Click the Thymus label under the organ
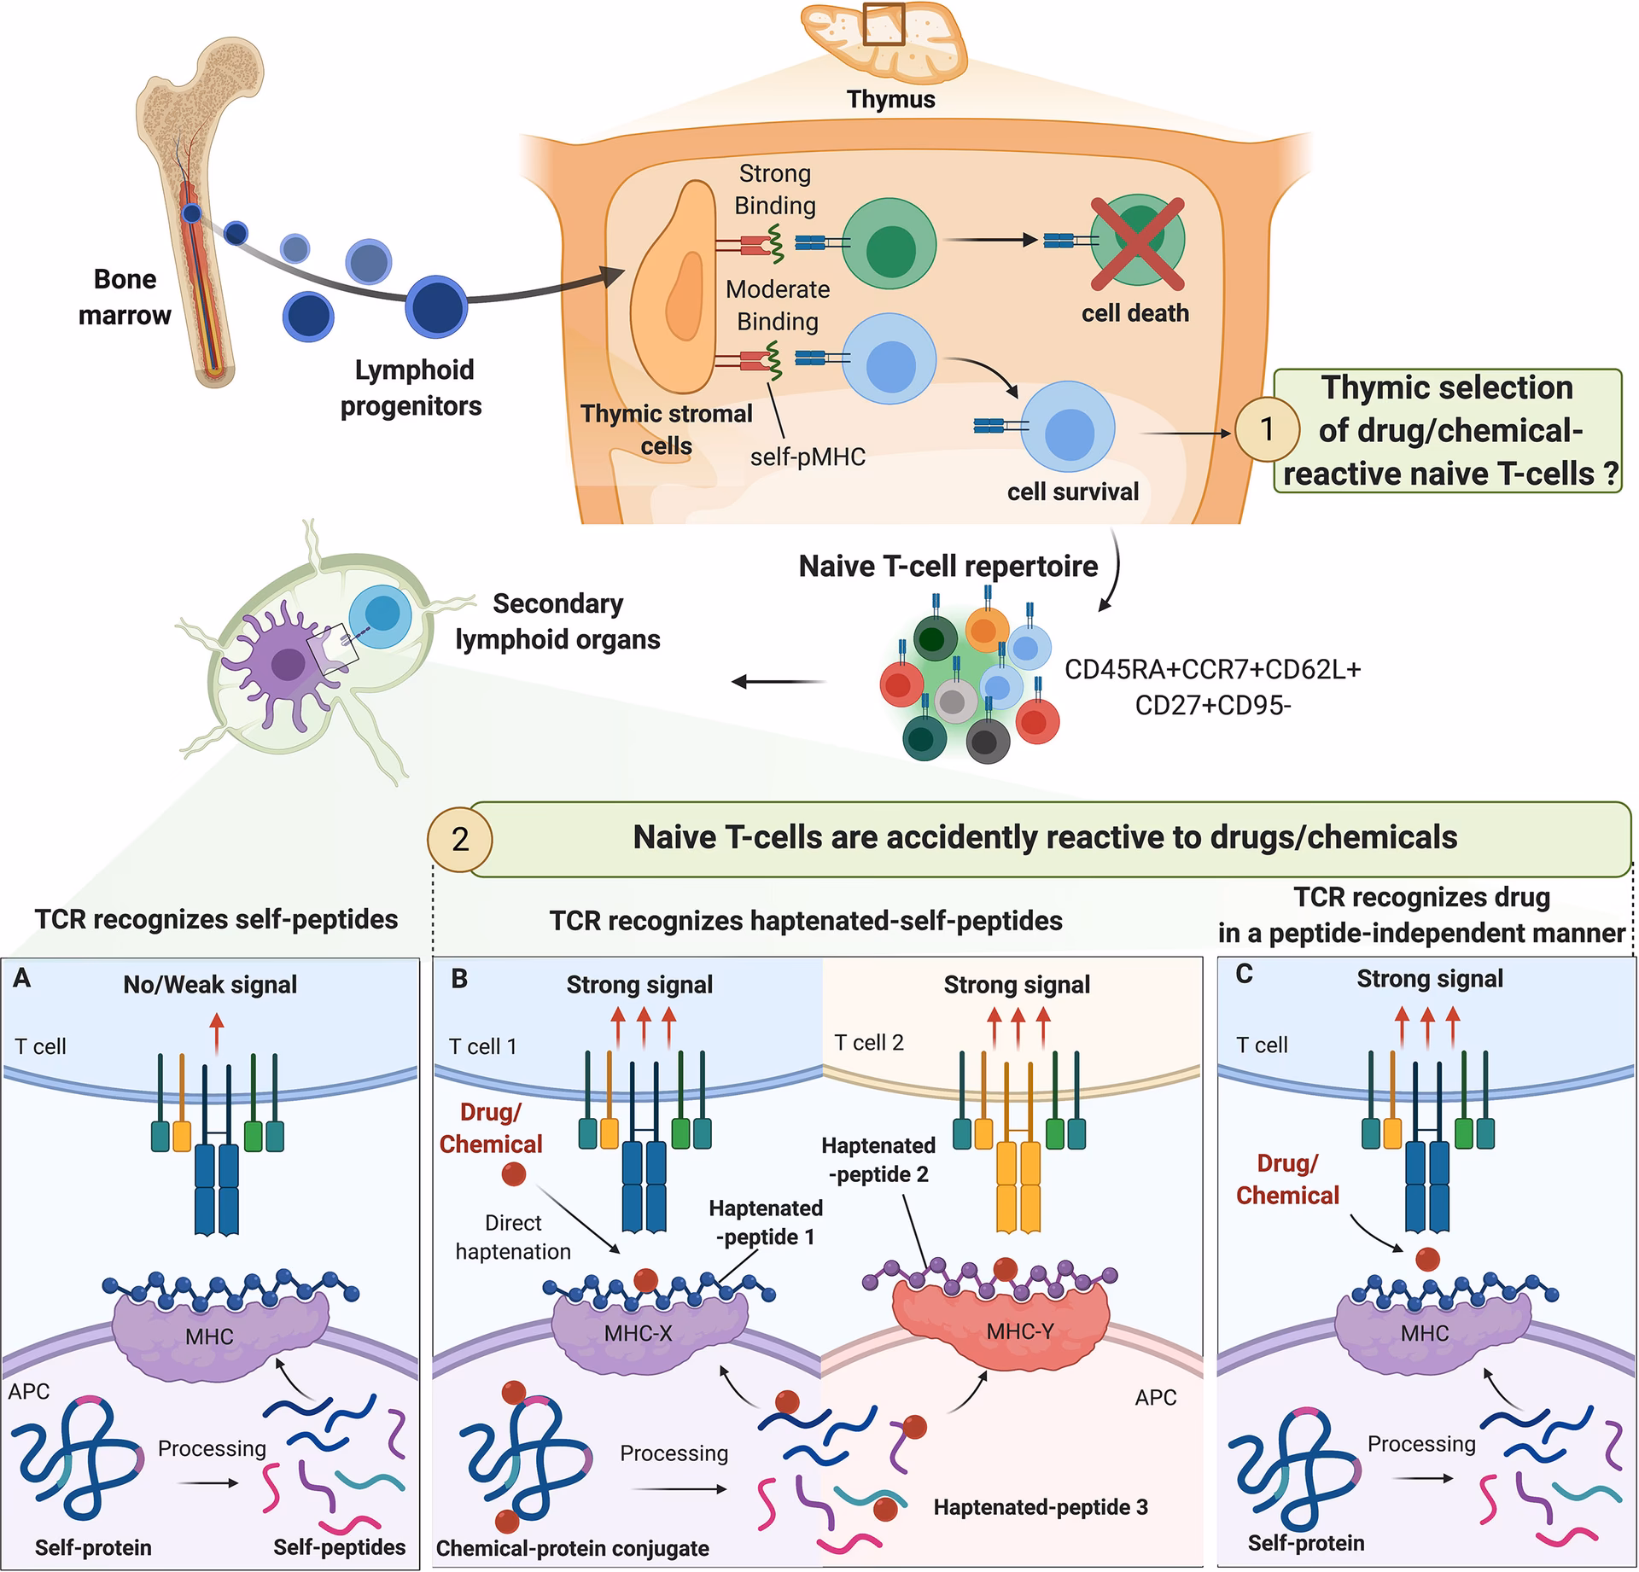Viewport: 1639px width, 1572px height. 890,99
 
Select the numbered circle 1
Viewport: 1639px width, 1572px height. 1267,428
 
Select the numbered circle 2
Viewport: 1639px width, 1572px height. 460,840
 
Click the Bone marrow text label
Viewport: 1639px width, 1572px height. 125,297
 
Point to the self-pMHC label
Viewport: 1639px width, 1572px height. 808,457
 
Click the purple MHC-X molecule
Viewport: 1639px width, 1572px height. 639,1332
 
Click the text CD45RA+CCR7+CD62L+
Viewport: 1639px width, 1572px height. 1212,669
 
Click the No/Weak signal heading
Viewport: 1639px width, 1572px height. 210,985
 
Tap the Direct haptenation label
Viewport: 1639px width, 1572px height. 513,1237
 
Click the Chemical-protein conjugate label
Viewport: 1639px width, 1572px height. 572,1548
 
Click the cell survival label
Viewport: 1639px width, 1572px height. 1072,492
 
